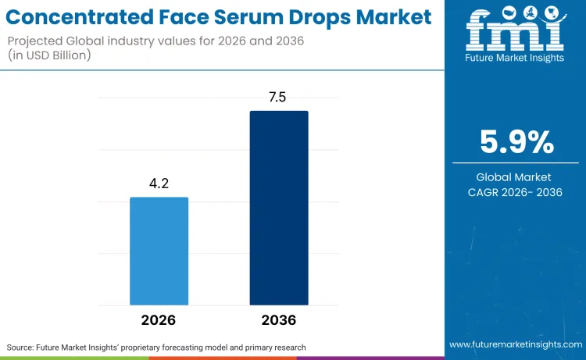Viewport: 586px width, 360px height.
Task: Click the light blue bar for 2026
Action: [x=159, y=251]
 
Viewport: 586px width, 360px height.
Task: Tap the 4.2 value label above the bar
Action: [x=159, y=184]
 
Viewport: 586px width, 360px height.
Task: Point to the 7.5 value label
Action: [x=279, y=97]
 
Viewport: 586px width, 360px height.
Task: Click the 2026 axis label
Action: [x=159, y=320]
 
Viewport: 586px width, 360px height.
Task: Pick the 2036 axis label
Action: [x=279, y=320]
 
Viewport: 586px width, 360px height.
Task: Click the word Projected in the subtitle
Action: [x=40, y=39]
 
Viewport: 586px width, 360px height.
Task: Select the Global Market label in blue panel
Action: [x=515, y=177]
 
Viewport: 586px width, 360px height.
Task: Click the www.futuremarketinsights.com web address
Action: [x=515, y=344]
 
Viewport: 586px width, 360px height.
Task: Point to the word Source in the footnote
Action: [x=23, y=347]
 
